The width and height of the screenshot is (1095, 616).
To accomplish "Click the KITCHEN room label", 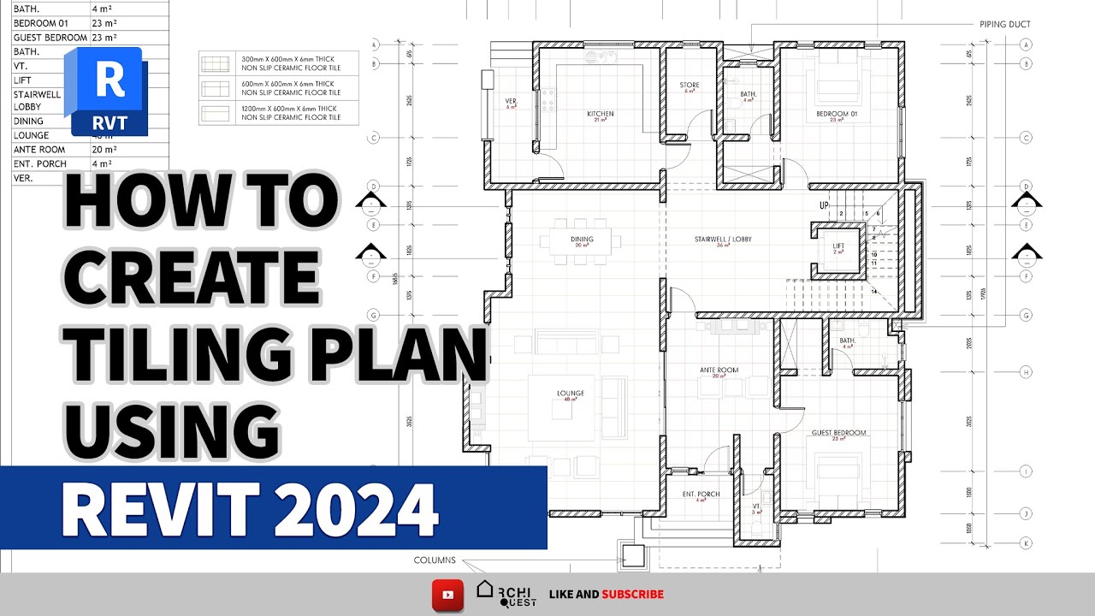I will coord(600,114).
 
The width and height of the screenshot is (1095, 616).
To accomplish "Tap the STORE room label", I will coord(690,86).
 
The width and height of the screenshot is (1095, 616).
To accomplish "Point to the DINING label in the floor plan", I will coord(582,240).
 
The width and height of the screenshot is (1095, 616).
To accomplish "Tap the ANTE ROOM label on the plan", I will coord(719,370).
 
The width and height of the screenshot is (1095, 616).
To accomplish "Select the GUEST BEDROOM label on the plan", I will coord(838,433).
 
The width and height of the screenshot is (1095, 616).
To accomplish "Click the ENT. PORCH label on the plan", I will coord(701,495).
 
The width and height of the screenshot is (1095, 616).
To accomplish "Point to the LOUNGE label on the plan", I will coord(571,394).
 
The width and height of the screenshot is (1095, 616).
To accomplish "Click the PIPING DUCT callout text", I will coord(1005,25).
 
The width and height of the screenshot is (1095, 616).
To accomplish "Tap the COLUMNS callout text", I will coord(435,561).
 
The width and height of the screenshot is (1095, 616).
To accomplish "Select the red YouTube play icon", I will coord(447,594).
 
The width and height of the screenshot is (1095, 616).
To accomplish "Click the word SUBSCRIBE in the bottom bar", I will coord(632,594).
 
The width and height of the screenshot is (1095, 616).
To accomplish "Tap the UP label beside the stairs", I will coord(824,206).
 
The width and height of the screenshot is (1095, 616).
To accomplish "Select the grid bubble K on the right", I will coord(1025,542).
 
